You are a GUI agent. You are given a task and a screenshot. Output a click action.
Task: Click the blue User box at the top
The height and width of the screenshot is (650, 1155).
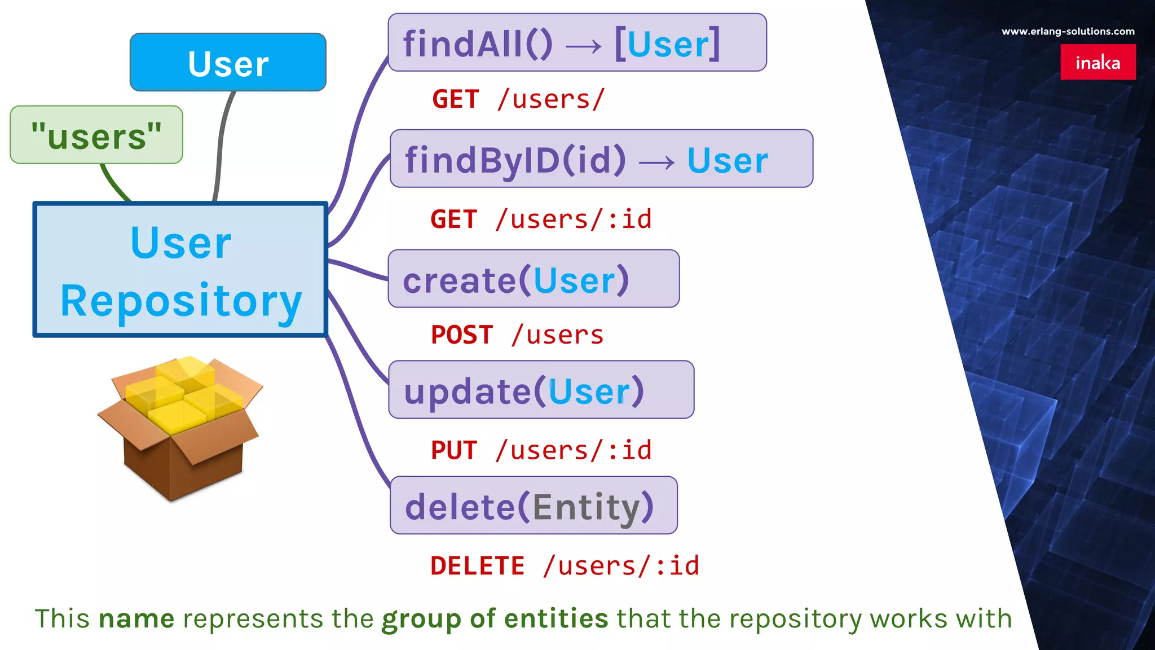point(228,62)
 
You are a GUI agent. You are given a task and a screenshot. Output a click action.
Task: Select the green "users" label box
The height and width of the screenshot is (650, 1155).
point(96,135)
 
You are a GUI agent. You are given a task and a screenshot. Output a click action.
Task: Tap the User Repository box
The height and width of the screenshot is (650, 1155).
point(180,270)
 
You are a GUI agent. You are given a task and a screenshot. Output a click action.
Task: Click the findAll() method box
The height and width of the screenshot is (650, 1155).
point(577,43)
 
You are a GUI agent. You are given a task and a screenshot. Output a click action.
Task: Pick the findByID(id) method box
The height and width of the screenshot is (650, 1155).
point(601,159)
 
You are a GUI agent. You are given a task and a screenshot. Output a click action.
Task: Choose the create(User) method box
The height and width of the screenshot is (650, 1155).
point(534,279)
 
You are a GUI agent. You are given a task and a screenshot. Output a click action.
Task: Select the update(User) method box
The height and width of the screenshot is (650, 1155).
point(541,390)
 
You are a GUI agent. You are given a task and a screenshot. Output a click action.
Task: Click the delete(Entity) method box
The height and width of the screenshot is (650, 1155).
point(534,506)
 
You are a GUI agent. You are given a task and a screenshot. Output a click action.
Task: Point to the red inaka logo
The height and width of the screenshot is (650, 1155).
point(1097,62)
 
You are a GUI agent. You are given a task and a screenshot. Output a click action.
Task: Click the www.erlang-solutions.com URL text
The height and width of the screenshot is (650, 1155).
point(1068,32)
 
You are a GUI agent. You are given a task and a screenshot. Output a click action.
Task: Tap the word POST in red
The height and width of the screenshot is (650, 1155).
point(462,335)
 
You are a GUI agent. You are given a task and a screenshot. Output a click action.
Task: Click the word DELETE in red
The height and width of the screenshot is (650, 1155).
point(477,566)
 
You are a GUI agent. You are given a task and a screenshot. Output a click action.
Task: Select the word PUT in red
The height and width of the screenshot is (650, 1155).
point(454,450)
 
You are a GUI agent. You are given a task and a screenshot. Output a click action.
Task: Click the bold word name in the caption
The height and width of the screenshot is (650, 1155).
point(136,619)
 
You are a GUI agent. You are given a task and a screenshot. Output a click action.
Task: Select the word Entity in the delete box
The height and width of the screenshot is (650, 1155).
point(587,507)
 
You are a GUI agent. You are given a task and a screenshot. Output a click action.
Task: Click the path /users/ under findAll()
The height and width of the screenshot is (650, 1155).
point(551,99)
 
